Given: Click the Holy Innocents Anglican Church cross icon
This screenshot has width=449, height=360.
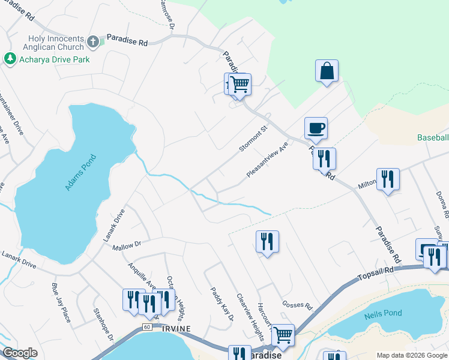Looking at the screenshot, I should coord(92,42).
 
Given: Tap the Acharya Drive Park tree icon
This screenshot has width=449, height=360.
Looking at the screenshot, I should coord(10,59).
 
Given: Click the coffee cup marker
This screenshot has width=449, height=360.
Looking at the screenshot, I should coord(316,127).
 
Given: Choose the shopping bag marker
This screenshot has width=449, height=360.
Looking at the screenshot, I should coord(327,70).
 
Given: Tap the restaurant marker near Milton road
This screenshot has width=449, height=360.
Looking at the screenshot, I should coord(388,179).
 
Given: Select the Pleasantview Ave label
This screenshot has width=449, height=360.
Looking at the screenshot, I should coord(267,160).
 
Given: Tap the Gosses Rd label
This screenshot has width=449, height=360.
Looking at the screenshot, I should coord(298,305).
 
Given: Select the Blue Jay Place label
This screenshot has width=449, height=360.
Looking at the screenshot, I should coord(61,302).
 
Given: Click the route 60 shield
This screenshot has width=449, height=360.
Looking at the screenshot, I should coord(146,326).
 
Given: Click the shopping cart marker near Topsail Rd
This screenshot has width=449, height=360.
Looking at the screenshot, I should coord(282,334).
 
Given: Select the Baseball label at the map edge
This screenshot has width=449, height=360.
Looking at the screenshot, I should coord(433,137).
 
